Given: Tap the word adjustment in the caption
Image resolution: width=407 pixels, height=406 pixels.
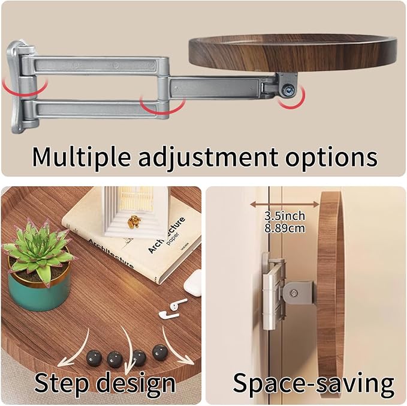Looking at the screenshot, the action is coord(207,157).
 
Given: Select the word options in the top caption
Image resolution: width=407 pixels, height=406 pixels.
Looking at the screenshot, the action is coord(331,157).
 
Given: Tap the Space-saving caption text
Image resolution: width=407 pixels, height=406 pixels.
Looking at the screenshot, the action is coord(313,383).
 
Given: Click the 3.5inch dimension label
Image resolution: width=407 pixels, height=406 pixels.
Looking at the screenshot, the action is coord(285,216).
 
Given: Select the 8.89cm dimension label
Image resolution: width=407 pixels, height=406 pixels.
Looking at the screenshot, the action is coord(285,228).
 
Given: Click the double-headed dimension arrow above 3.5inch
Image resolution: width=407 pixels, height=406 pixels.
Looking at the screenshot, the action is coord(285,204).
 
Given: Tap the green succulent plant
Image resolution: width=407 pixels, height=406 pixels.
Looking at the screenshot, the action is coord(39,251).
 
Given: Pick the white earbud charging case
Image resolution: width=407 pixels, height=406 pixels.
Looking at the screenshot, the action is coord(193,283).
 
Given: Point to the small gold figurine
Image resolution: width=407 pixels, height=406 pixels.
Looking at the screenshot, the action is coord(134,222).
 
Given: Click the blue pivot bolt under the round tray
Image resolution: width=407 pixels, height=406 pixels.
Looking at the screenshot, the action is coord(288,89).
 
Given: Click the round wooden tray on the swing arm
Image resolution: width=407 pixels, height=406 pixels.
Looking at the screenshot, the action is coord(293,53).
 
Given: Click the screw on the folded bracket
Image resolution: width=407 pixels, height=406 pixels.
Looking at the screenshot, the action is coord(294,293).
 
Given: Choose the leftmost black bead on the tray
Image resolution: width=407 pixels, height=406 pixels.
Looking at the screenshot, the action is coord(94,358).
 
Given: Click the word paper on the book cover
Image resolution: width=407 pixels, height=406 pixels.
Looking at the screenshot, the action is coord(173,238).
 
